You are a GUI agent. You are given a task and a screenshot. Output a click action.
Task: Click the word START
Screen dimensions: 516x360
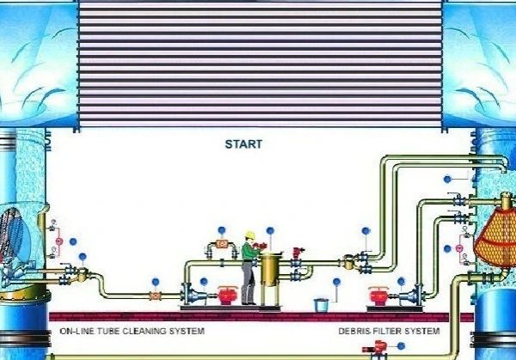pyautogui.click(x=243, y=144)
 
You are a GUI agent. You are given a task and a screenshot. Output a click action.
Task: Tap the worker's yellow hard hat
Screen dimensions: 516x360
pyautogui.click(x=250, y=235)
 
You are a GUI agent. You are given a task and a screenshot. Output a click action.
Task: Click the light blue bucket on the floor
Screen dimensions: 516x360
pyautogui.click(x=321, y=305)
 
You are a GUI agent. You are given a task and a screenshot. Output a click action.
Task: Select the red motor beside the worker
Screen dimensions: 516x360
pyautogui.click(x=227, y=296)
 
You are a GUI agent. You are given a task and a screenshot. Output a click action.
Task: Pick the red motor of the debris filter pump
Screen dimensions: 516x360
pyautogui.click(x=378, y=296)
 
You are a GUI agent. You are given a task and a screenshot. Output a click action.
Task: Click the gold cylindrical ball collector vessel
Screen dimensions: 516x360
pyautogui.click(x=270, y=269)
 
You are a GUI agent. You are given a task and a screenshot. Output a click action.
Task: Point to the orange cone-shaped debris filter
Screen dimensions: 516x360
pyautogui.click(x=494, y=237)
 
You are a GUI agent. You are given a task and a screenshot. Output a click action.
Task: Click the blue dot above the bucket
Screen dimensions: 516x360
pyautogui.click(x=336, y=282)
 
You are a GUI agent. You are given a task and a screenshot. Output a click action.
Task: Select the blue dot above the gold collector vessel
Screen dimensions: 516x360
pyautogui.click(x=270, y=230)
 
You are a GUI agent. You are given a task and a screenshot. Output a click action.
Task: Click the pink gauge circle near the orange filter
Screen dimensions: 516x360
pyautogui.click(x=459, y=248)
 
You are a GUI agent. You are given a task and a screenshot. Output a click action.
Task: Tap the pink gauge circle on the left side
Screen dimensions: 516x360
pyautogui.click(x=58, y=241)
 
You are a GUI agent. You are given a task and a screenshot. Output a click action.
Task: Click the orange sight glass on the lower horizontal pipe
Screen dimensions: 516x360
pyautogui.click(x=156, y=296)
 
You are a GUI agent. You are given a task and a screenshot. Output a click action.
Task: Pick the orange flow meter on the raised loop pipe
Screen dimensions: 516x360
pyautogui.click(x=223, y=244)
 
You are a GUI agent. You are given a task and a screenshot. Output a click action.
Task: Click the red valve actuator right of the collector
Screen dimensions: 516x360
pyautogui.click(x=298, y=253)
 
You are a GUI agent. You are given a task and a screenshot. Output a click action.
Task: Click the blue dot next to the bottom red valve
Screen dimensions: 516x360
pyautogui.click(x=401, y=346)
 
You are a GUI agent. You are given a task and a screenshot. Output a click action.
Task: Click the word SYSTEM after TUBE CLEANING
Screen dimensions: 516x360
pyautogui.click(x=187, y=331)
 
